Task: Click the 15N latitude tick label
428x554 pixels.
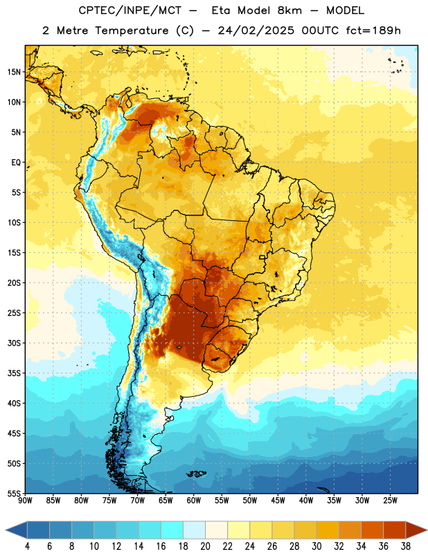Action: (14, 72)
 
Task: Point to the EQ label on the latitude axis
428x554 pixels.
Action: (16, 163)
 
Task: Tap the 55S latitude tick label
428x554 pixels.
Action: (14, 494)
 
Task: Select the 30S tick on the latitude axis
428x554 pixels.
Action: (14, 343)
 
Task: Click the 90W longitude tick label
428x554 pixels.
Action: (25, 500)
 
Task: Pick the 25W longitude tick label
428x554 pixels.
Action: (390, 500)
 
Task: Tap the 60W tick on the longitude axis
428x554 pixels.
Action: (194, 500)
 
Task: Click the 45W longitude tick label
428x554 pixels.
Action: (278, 500)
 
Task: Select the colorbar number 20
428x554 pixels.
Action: (205, 546)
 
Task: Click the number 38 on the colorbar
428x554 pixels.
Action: (406, 546)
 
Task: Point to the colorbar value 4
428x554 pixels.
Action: (27, 546)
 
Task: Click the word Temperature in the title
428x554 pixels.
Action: (132, 30)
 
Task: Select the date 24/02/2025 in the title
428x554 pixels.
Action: (256, 30)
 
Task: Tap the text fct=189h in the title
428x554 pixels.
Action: (373, 30)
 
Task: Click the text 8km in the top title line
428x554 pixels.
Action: (289, 10)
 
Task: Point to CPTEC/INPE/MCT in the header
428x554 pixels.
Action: (130, 10)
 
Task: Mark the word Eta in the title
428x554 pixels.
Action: (221, 10)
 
